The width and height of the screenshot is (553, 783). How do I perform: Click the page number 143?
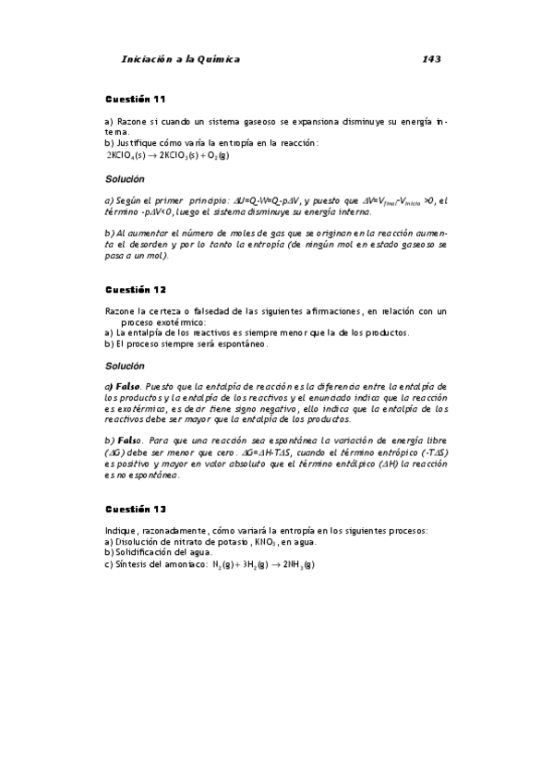pyautogui.click(x=430, y=59)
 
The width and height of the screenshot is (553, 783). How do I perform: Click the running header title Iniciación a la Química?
pyautogui.click(x=180, y=59)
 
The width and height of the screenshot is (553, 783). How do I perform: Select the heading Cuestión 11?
pyautogui.click(x=135, y=99)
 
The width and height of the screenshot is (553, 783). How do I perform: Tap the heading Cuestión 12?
pyautogui.click(x=135, y=289)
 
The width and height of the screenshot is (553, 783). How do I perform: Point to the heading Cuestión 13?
pyautogui.click(x=135, y=510)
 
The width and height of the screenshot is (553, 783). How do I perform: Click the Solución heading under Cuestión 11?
pyautogui.click(x=124, y=178)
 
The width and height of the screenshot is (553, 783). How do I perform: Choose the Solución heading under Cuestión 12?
pyautogui.click(x=124, y=367)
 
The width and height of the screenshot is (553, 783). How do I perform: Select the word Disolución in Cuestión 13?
pyautogui.click(x=134, y=542)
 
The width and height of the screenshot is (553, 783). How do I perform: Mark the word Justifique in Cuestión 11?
pyautogui.click(x=135, y=142)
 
